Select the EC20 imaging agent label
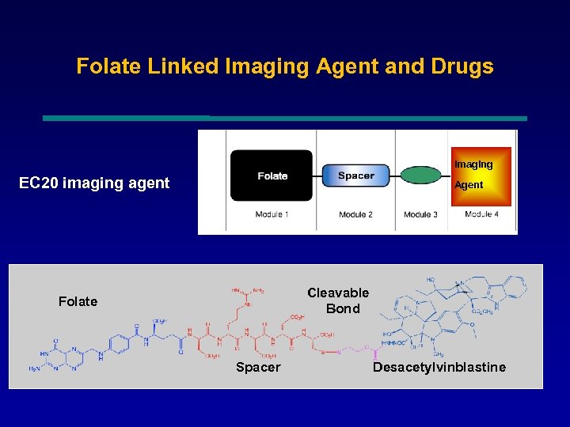click(x=94, y=183)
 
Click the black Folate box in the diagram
click(x=272, y=176)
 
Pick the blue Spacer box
click(x=356, y=176)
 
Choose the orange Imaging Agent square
click(x=481, y=176)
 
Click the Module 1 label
click(x=272, y=214)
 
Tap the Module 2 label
click(x=355, y=214)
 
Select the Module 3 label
click(x=420, y=214)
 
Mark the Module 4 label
click(x=481, y=214)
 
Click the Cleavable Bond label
click(x=339, y=300)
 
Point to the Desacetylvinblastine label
click(x=439, y=367)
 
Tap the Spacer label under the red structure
click(x=258, y=367)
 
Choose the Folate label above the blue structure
click(x=78, y=301)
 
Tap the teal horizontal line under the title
click(x=285, y=119)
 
